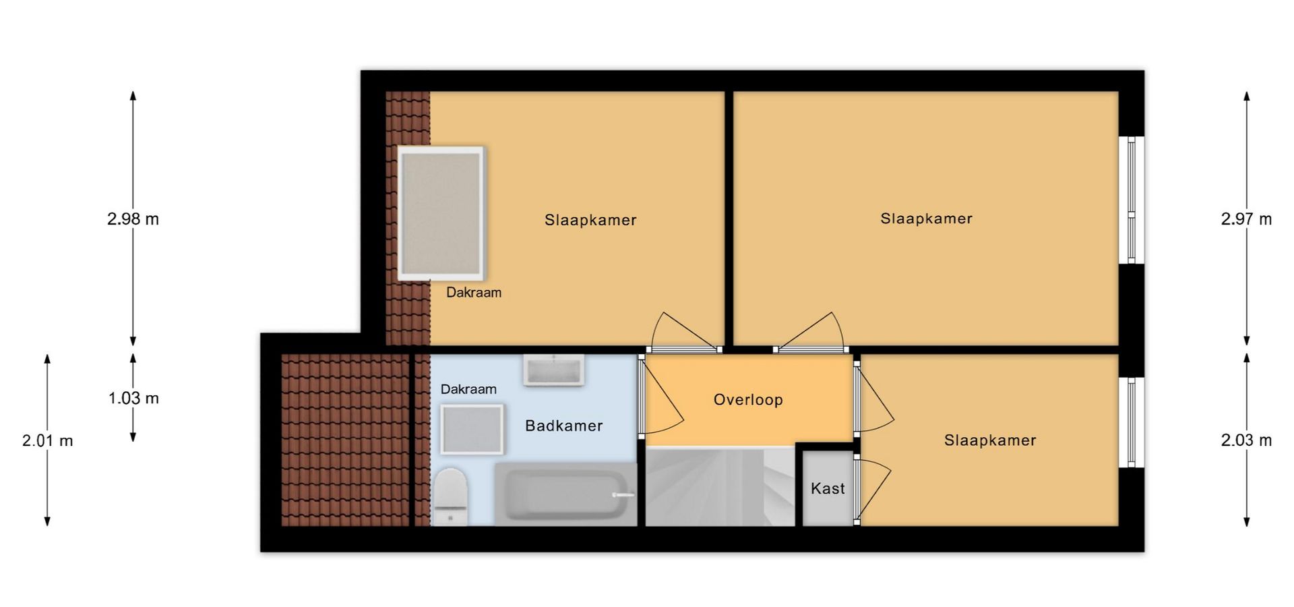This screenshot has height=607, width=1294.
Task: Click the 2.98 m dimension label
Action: point(133,219)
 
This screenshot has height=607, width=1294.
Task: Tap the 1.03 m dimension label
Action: point(133,399)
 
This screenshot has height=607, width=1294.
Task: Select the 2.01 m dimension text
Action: point(47,441)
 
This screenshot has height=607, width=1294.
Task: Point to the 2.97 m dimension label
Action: point(1246,219)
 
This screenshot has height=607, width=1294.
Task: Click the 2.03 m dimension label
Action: point(1246,441)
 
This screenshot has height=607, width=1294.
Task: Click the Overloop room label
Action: point(748,400)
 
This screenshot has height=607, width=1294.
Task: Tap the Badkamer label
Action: point(563,426)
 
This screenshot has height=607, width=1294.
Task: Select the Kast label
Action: point(828,488)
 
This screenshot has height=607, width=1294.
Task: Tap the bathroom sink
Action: point(554,371)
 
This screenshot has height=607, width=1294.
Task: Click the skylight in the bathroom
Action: point(472,429)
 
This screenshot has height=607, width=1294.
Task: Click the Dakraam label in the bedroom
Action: point(474,293)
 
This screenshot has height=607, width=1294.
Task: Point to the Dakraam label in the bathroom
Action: point(468,389)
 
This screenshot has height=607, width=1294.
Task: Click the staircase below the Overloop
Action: point(720,486)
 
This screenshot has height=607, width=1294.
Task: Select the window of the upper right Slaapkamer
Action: point(1132,200)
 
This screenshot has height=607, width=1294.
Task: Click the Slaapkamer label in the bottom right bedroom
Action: point(990,440)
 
